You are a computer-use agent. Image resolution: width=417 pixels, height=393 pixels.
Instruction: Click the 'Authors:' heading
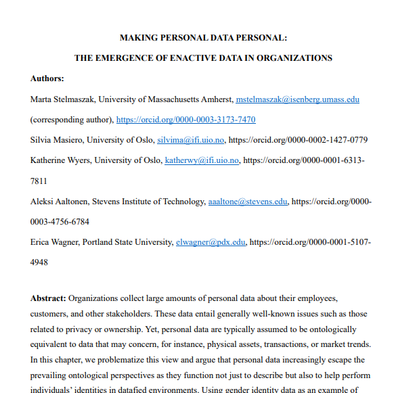(x=47, y=78)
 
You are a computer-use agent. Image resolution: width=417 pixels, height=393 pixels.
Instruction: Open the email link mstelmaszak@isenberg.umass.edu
(x=297, y=99)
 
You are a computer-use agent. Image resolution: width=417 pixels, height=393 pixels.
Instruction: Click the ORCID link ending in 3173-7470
(x=185, y=120)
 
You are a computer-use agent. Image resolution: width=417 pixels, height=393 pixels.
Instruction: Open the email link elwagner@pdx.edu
(x=210, y=241)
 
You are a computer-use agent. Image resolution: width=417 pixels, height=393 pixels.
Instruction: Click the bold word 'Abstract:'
(x=48, y=298)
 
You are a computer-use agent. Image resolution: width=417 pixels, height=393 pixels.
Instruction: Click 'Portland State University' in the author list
(x=127, y=241)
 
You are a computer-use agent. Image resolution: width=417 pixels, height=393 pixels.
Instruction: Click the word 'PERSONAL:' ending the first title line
(x=261, y=38)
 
